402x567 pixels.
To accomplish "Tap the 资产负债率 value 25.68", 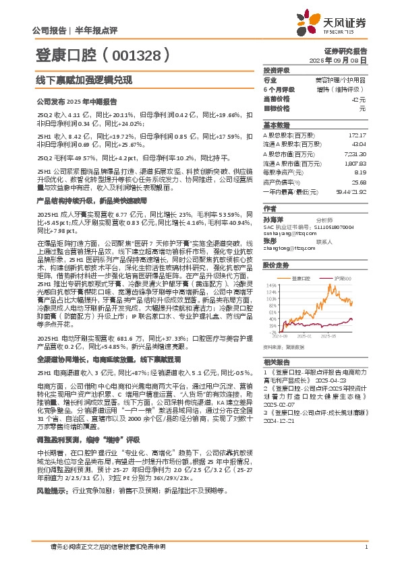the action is pos(357,182).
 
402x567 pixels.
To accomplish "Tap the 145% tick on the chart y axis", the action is pos(270,286).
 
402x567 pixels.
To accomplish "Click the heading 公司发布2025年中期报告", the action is pos(76,102).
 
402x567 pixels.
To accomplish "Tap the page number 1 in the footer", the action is pos(365,547).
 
